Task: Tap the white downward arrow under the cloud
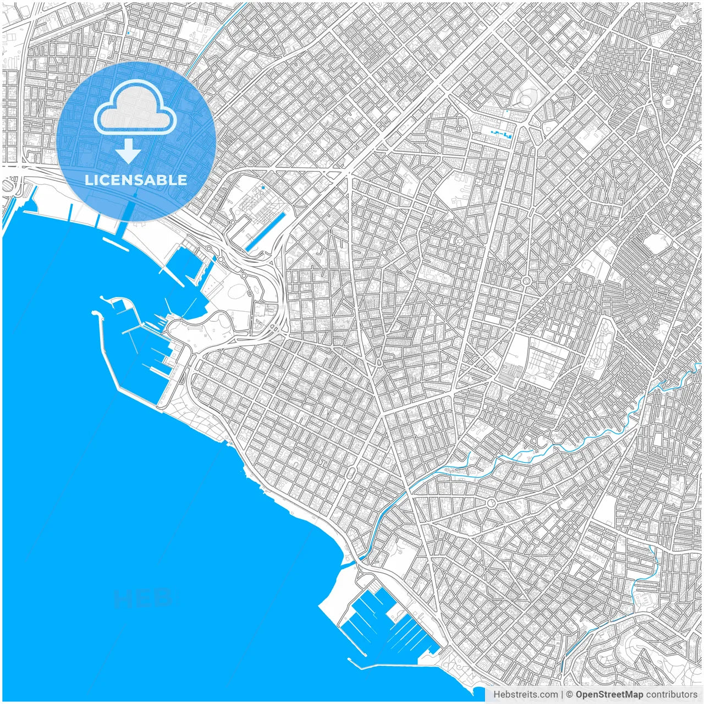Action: coord(129,152)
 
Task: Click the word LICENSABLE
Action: coord(136,180)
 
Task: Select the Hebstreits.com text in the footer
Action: coord(525,695)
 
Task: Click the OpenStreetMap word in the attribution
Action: coord(609,695)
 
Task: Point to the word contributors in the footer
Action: coord(671,695)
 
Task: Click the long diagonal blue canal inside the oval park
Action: coord(266,232)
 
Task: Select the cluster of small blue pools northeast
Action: coord(499,133)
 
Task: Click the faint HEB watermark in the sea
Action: coord(142,598)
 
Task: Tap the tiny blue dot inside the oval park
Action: coord(263,188)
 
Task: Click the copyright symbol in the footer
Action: coord(570,695)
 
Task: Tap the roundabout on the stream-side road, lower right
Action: coord(491,503)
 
